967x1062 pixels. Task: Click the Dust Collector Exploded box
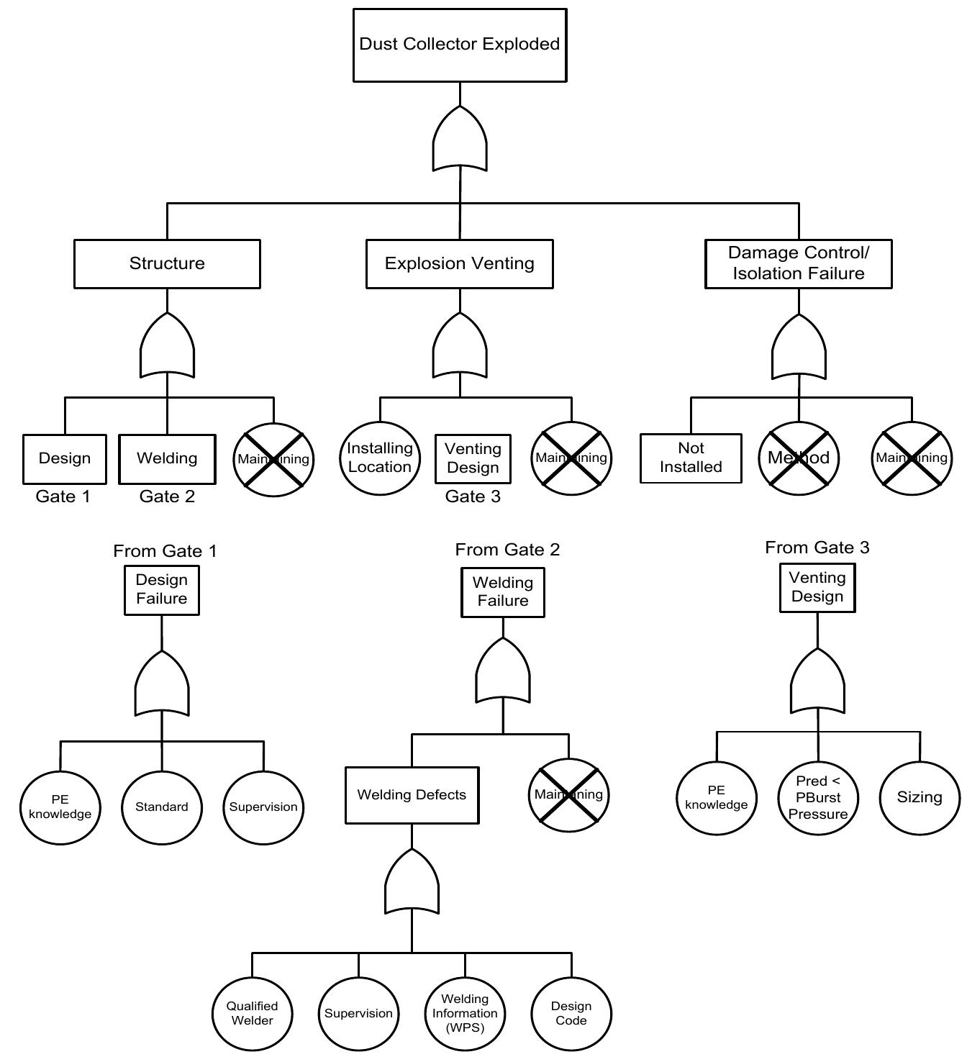point(460,45)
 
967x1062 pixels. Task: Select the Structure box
point(167,263)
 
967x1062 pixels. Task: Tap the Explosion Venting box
point(460,263)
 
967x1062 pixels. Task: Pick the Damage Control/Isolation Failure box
point(799,263)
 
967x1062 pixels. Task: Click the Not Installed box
point(691,458)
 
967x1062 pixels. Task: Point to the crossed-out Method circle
point(799,458)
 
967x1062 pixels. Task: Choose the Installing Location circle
point(380,458)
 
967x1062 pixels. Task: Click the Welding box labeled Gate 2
point(167,458)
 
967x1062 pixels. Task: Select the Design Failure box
point(162,589)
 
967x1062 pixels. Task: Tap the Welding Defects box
point(412,795)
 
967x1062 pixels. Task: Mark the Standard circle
point(162,807)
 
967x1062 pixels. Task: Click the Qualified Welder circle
point(252,1013)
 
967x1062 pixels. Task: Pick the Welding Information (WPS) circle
point(465,1013)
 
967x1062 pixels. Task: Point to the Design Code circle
point(571,1013)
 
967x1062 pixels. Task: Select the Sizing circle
point(920,797)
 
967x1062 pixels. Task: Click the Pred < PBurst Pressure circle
point(818,797)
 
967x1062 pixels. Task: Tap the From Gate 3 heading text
point(817,548)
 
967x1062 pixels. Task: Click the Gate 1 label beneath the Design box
point(63,496)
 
